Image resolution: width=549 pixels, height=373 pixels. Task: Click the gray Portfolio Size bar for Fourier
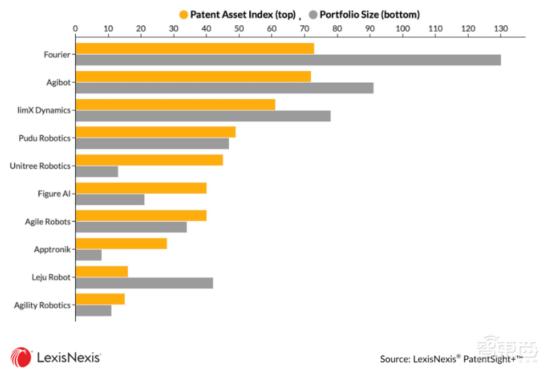(x=288, y=60)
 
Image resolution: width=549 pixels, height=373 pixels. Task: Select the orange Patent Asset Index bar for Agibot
(x=193, y=77)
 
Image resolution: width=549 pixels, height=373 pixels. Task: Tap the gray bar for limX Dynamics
(x=203, y=116)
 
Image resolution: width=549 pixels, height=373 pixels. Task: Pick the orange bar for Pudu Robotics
(x=156, y=132)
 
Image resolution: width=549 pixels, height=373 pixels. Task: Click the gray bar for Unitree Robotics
(x=97, y=172)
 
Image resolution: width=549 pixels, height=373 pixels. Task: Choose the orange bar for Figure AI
(x=141, y=188)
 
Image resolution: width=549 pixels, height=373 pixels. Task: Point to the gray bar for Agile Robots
(x=131, y=227)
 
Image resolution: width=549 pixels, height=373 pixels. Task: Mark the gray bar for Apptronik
(x=88, y=255)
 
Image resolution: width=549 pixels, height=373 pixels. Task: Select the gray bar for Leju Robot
(x=144, y=282)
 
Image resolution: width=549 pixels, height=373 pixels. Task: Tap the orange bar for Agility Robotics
(x=100, y=299)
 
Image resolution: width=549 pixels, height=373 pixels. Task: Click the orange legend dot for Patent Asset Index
(x=183, y=15)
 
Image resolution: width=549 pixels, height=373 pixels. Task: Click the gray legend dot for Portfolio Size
(x=313, y=15)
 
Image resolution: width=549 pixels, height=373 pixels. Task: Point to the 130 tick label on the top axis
(x=501, y=29)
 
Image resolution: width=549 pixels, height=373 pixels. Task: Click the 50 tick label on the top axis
(x=239, y=29)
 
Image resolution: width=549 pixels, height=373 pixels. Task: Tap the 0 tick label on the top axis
(x=75, y=29)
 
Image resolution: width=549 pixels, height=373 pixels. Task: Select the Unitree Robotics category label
(x=40, y=166)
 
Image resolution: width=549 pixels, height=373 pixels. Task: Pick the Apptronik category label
(x=52, y=250)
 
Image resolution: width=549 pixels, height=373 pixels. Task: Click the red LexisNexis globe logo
(x=21, y=357)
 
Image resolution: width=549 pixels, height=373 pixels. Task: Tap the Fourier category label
(x=57, y=55)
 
